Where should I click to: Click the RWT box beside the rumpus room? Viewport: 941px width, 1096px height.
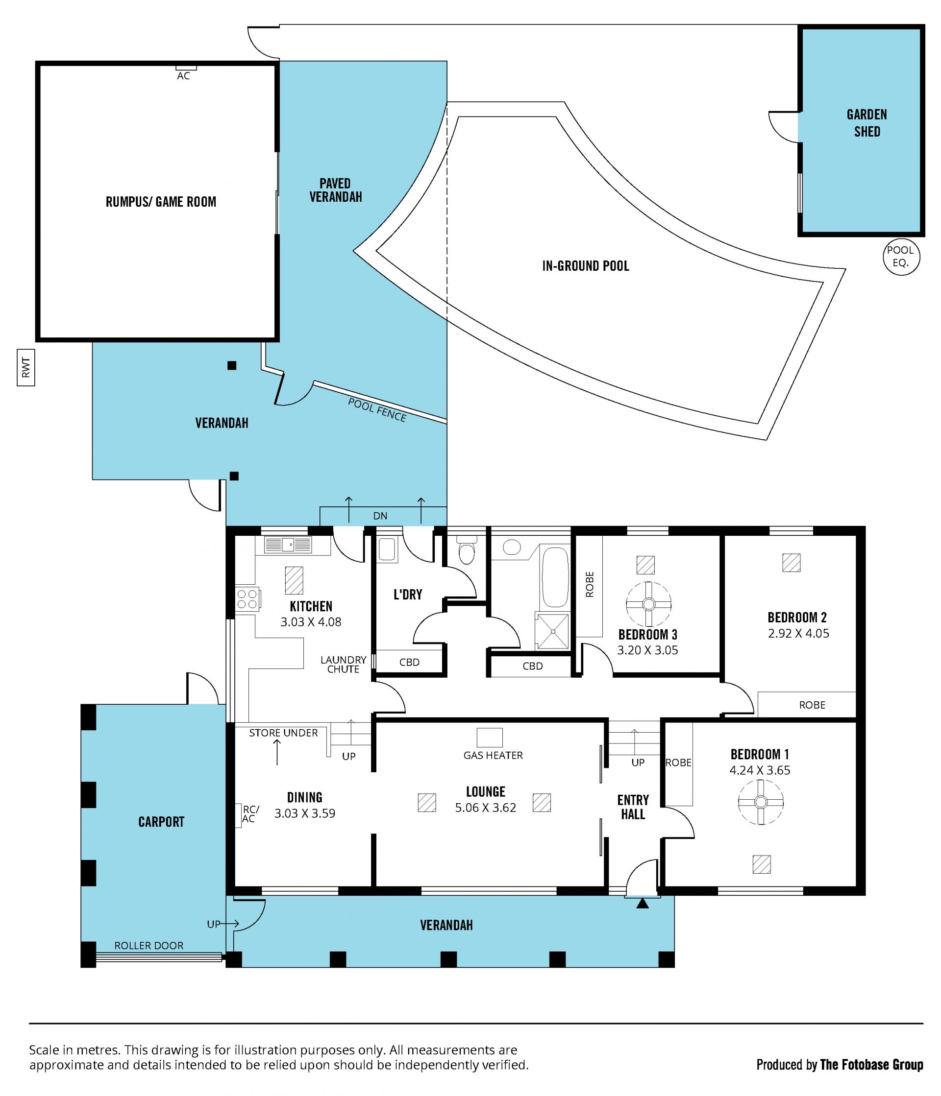click(26, 367)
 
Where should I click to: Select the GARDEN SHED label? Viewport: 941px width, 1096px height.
click(867, 123)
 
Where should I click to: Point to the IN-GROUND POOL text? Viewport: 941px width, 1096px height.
click(585, 266)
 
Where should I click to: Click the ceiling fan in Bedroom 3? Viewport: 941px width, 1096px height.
click(648, 604)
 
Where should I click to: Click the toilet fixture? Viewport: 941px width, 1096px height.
click(466, 550)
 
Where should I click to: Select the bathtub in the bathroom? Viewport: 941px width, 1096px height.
click(555, 576)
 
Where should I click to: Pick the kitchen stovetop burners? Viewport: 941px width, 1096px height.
click(247, 599)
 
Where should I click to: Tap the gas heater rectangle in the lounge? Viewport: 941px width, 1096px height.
click(490, 738)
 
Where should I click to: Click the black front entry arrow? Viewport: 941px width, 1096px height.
click(642, 904)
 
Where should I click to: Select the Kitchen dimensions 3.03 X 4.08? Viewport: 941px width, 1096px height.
click(311, 622)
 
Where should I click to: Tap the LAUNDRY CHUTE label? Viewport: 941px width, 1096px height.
click(343, 665)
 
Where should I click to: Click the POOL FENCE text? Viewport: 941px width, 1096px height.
click(377, 410)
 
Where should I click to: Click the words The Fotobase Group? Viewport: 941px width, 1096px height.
click(871, 1065)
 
